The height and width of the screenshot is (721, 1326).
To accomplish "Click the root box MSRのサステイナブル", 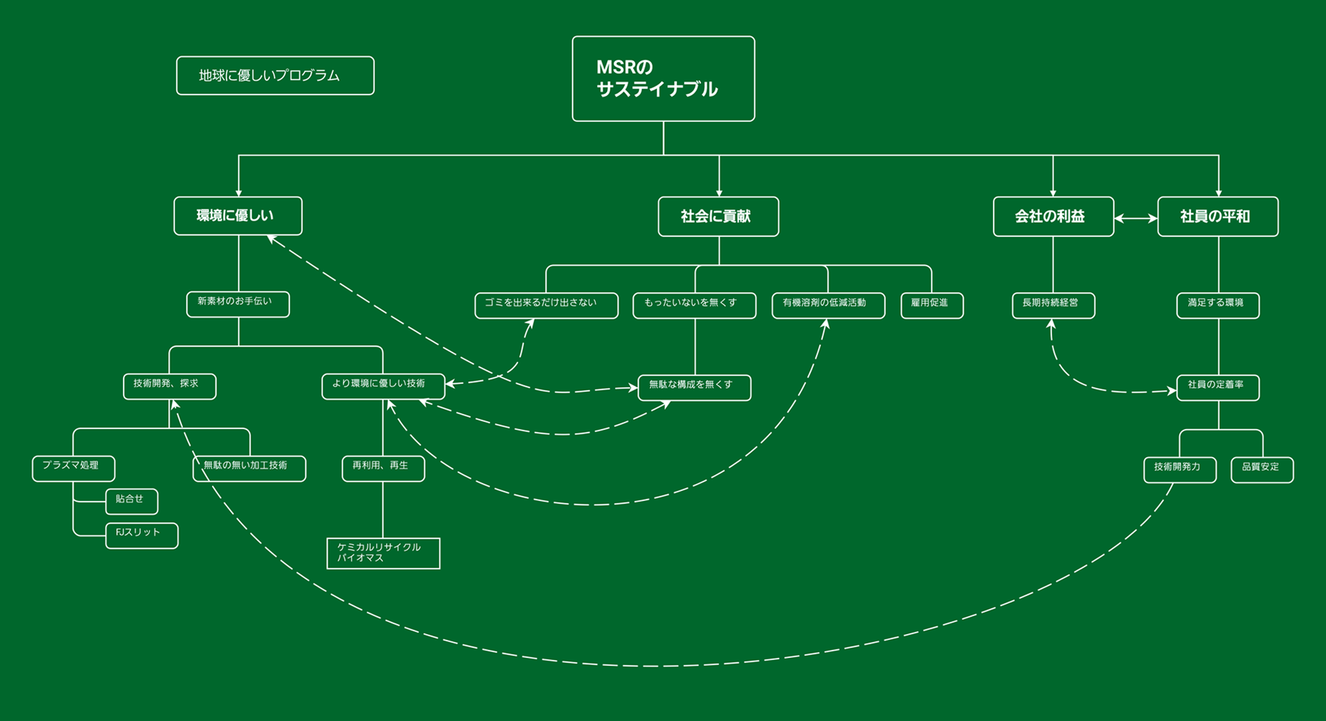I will point(663,79).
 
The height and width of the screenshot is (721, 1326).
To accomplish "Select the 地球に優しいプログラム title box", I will point(275,76).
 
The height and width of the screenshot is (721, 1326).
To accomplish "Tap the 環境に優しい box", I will point(238,216).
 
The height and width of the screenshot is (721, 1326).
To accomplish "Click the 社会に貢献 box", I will point(718,216).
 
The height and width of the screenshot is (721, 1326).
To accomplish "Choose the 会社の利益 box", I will point(1053,216).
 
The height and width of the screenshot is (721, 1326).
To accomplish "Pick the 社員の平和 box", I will point(1217,216).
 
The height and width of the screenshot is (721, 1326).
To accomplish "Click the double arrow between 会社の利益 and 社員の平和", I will point(1136,218).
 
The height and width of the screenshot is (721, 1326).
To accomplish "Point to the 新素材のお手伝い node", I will point(238,304).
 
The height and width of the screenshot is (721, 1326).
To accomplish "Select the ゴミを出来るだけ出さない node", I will point(546,306).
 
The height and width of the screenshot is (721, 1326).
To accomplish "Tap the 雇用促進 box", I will point(932,306).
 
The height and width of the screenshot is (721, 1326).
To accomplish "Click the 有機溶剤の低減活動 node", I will point(828,306).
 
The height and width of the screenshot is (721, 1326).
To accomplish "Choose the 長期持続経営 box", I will point(1053,306).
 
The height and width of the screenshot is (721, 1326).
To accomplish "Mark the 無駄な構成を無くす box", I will point(694,387).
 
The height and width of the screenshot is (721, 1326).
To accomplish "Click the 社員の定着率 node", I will point(1218,387).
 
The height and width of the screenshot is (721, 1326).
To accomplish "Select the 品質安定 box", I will point(1262,469).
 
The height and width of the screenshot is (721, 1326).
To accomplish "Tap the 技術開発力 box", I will point(1180,469).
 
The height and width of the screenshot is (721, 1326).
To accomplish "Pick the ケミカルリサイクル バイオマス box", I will point(383,553).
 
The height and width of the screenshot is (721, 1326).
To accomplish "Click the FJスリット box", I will point(141,535).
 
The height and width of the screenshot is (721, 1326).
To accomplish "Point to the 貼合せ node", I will point(131,501).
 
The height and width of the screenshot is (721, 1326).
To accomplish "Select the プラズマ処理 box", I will point(73,468).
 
